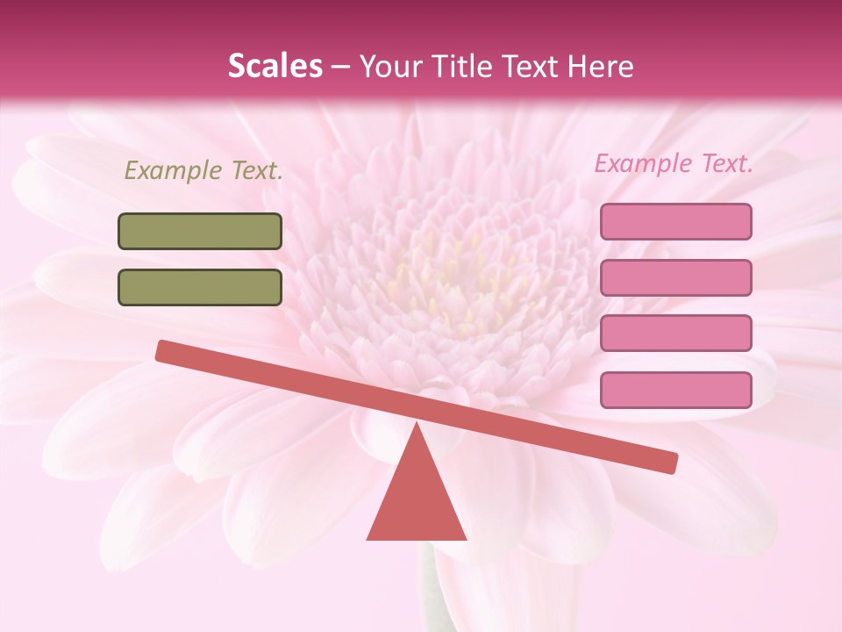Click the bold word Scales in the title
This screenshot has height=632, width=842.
tap(275, 66)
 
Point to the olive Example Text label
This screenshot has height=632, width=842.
tap(203, 171)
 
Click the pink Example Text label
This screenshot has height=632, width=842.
tap(674, 163)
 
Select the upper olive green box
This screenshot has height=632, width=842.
tap(200, 231)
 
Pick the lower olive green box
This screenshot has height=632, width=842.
tap(200, 287)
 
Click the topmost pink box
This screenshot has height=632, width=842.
tap(675, 221)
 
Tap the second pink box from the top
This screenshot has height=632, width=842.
tap(675, 277)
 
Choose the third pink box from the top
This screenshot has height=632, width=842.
tap(675, 334)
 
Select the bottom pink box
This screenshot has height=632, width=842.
tap(675, 390)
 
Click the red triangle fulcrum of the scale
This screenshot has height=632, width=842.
tap(417, 500)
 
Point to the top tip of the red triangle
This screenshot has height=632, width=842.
tap(417, 425)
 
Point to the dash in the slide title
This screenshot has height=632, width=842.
tap(340, 67)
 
